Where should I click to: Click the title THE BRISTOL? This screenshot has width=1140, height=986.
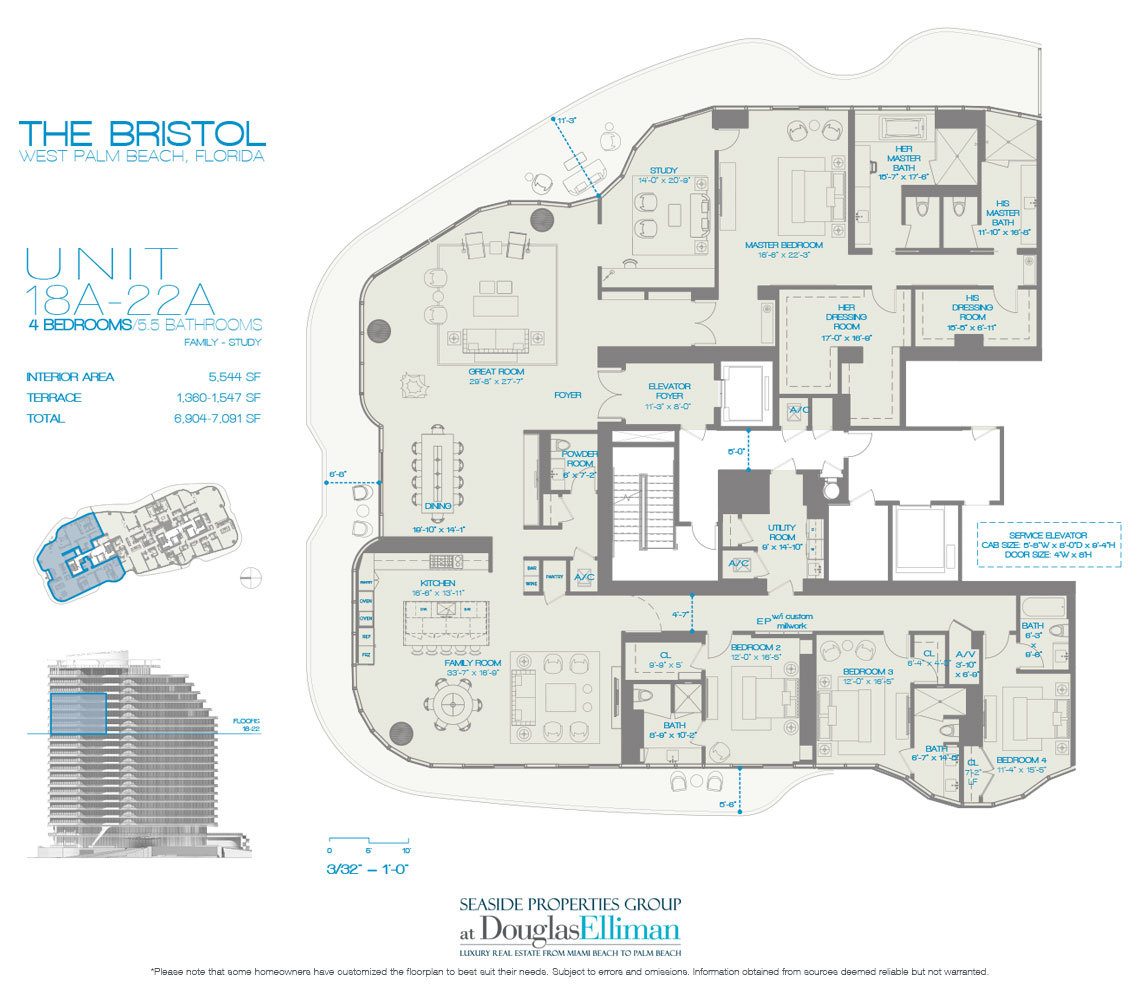click(x=142, y=133)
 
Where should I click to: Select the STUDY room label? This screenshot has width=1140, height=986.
click(x=663, y=170)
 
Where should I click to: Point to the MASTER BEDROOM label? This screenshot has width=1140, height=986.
click(x=783, y=245)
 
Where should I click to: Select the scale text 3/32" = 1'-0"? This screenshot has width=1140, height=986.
click(x=368, y=868)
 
